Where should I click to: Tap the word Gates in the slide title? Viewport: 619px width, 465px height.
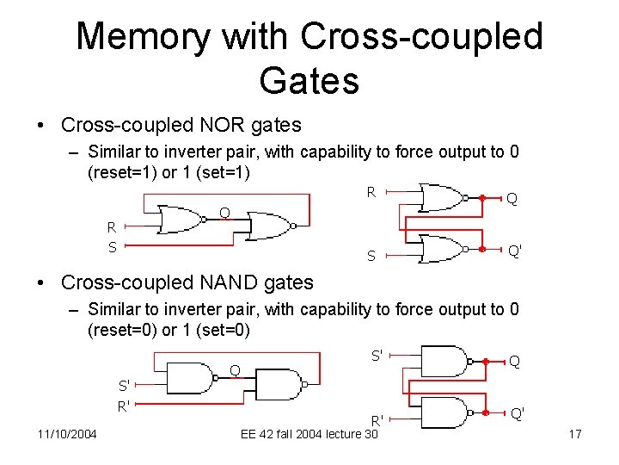309,81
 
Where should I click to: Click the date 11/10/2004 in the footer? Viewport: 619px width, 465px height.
66,433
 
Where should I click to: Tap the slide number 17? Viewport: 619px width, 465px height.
575,433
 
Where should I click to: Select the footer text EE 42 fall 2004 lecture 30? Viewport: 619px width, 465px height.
309,434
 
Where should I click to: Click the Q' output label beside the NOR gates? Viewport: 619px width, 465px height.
516,251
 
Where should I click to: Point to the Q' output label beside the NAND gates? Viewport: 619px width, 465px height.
518,413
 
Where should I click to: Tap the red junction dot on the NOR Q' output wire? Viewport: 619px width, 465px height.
483,250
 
